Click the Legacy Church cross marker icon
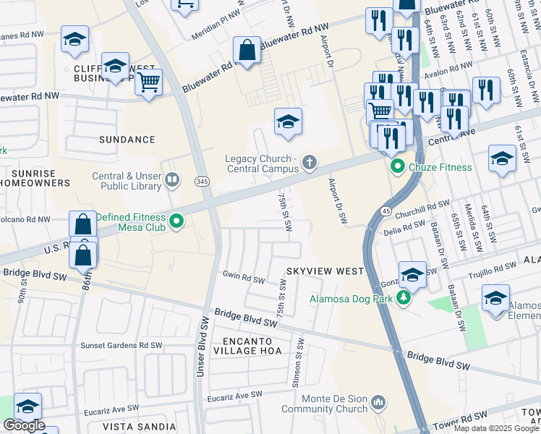[310, 162]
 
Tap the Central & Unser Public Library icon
[172, 179]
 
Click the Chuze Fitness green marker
[397, 168]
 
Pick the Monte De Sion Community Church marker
[378, 401]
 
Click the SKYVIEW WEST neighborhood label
[325, 271]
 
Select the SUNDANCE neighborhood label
[127, 140]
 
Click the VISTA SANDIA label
[140, 427]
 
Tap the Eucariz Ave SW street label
[235, 395]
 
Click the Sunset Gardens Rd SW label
[121, 346]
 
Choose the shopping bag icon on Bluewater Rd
[247, 51]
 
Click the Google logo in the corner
[24, 425]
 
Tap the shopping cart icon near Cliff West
[148, 82]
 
